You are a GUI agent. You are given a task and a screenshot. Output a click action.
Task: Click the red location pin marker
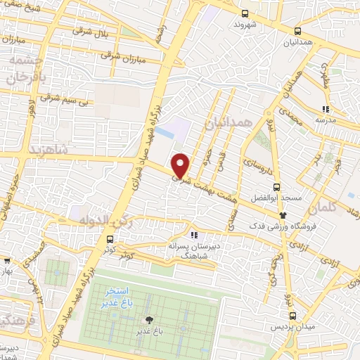pos(181,165)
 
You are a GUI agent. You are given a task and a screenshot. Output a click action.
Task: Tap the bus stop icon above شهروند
pos(245,13)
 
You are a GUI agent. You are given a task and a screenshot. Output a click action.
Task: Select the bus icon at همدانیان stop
pos(297,31)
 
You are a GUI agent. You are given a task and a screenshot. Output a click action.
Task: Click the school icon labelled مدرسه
pos(325,108)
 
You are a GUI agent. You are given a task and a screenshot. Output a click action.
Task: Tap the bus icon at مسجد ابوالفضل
pos(276,188)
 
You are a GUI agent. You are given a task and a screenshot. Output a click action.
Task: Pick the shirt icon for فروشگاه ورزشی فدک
pos(283,214)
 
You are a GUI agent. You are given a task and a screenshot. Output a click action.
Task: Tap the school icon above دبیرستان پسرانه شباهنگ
pos(194,236)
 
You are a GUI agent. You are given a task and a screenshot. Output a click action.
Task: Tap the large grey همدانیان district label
pos(229,124)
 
